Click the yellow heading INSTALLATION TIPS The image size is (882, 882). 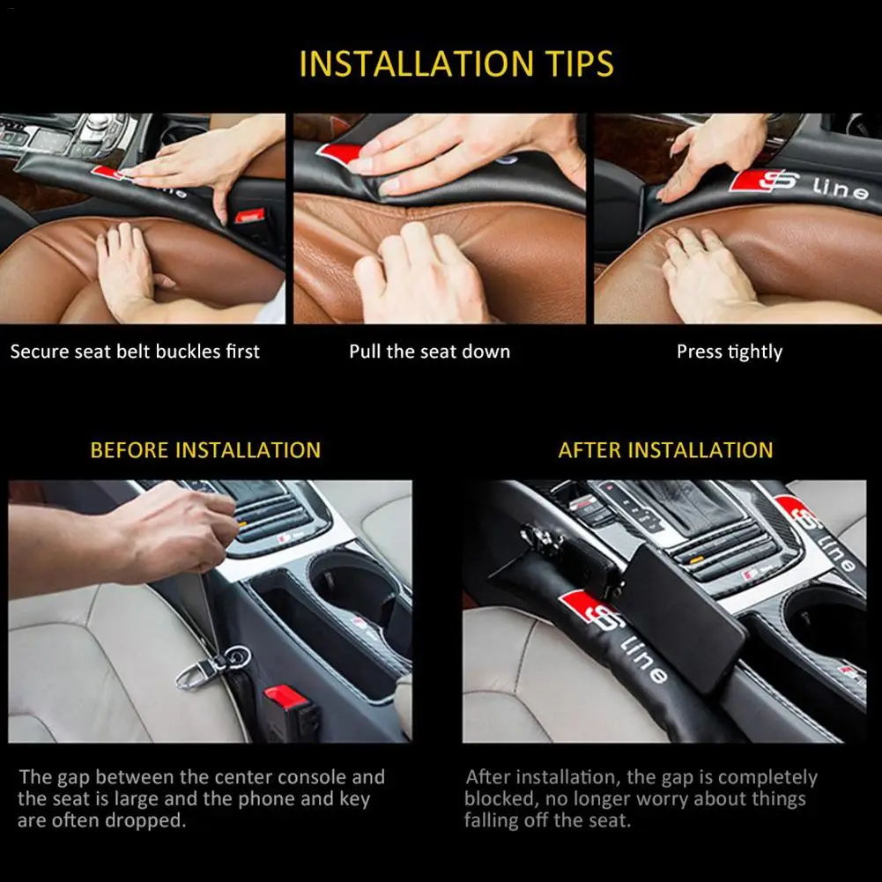click(x=456, y=63)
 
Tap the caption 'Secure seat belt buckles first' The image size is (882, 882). click(x=135, y=352)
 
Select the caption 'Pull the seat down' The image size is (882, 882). click(x=429, y=352)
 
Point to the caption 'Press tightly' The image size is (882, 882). click(x=729, y=352)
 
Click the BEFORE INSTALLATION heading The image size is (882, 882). click(x=205, y=450)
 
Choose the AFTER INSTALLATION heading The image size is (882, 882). click(x=665, y=450)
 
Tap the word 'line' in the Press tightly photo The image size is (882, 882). click(x=840, y=189)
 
